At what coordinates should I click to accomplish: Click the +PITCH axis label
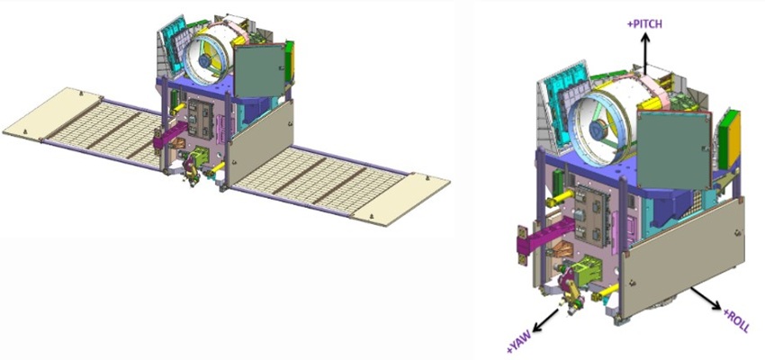(x=644, y=24)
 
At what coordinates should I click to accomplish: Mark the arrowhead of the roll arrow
(x=716, y=305)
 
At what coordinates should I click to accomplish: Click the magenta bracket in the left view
(x=170, y=136)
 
